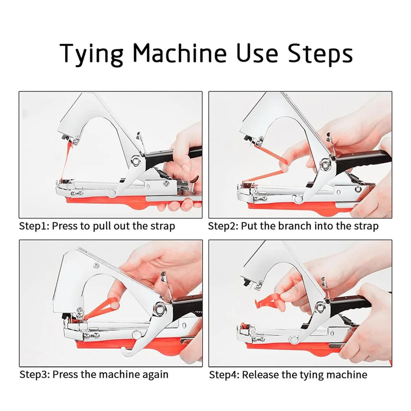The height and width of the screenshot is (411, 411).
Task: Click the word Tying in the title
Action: click(91, 54)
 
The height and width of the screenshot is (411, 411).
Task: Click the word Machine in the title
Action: click(179, 53)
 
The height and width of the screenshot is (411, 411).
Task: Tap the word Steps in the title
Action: click(320, 54)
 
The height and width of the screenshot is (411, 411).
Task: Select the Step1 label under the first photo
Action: click(34, 226)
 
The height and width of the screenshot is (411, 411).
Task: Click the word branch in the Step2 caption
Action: click(295, 226)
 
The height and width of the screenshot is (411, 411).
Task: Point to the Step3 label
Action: click(35, 375)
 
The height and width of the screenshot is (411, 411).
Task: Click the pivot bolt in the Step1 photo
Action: click(135, 160)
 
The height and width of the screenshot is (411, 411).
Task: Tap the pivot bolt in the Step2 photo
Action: click(325, 163)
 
